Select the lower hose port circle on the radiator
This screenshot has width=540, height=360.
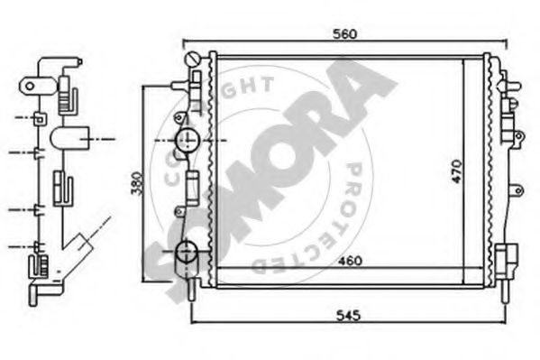[187, 254]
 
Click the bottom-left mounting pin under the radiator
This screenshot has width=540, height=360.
[194, 291]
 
